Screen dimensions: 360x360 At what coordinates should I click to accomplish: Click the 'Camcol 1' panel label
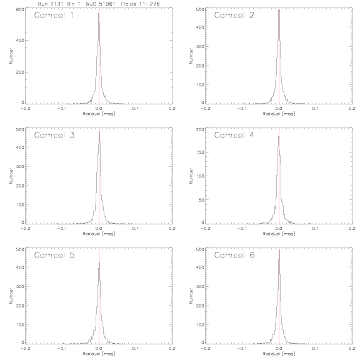coord(54,15)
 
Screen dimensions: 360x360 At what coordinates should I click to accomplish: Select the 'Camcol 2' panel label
coord(234,15)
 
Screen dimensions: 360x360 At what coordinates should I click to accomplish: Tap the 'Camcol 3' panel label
coord(54,135)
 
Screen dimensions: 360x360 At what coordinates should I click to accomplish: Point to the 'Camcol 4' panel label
coord(234,135)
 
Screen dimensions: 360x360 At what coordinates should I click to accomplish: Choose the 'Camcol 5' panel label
coord(54,255)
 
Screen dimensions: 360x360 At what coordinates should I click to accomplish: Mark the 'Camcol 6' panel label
coord(234,255)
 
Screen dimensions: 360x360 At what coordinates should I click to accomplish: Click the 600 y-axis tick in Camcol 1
coord(20,9)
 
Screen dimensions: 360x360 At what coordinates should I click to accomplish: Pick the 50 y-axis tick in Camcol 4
coord(201,200)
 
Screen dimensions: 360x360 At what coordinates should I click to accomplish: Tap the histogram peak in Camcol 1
coord(99,13)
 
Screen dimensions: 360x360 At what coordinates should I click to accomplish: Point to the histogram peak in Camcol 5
coord(99,262)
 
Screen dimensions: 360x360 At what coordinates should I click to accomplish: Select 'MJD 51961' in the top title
coord(101,4)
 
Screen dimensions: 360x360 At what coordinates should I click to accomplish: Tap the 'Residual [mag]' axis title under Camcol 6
coord(279,354)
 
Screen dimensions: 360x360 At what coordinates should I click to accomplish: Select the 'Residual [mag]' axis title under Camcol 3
coord(99,234)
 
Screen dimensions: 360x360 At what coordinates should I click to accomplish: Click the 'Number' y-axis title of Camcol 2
coord(191,56)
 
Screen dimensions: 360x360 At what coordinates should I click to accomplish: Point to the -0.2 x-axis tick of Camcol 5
coord(25,349)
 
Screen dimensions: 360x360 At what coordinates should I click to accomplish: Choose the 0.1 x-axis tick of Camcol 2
coord(316,108)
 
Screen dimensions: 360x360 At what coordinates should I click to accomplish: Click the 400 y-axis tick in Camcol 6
coord(200,267)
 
